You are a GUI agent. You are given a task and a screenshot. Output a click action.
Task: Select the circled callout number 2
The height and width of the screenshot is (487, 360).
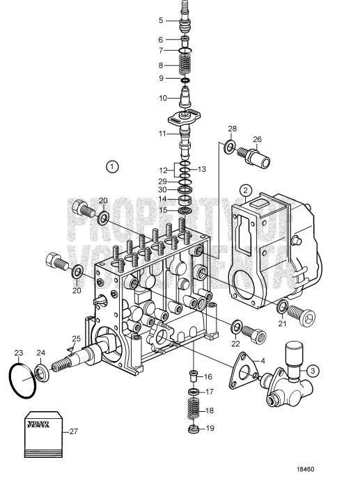click(245, 189)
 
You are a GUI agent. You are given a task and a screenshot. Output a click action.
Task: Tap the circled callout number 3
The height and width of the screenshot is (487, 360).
click(314, 371)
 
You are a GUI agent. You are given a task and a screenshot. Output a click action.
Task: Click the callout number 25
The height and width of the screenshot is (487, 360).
click(77, 339)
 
